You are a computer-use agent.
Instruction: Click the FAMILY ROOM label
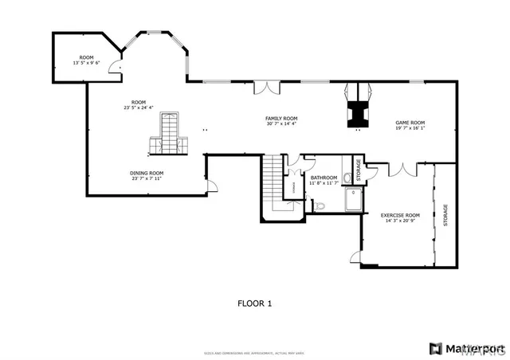(281, 118)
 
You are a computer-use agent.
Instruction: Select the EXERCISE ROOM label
(399, 215)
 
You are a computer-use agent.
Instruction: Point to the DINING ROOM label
(147, 173)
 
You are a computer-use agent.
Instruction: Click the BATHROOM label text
(324, 178)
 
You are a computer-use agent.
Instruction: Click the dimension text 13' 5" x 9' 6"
(86, 63)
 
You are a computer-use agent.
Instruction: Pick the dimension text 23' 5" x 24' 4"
(139, 108)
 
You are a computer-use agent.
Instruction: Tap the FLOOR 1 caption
(255, 303)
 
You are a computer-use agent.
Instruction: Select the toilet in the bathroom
(320, 206)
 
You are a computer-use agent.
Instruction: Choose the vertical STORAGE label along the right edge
(445, 215)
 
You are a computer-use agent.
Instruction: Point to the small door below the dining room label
(211, 186)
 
